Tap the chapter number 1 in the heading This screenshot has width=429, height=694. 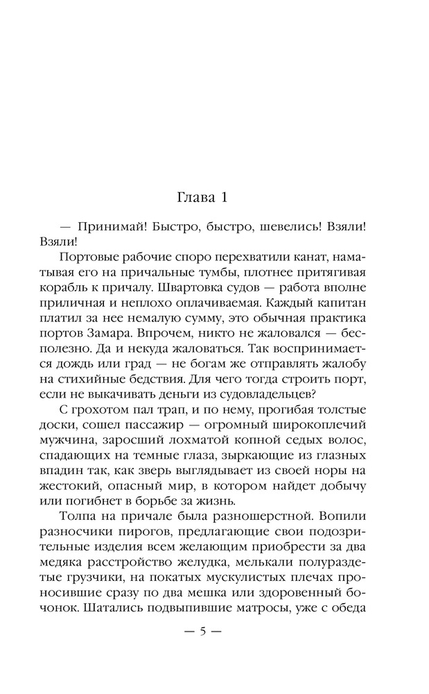pos(223,198)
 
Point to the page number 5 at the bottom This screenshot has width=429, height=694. pos(203,633)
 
